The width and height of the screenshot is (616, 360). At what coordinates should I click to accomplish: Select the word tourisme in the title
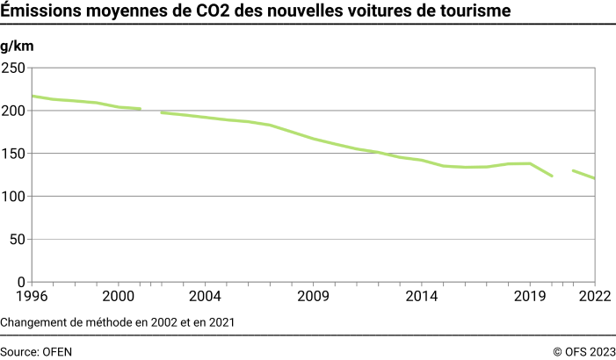coord(472,11)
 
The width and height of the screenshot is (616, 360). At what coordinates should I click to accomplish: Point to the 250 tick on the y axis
coord(14,68)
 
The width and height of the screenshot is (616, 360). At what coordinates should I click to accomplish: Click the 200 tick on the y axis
coord(14,111)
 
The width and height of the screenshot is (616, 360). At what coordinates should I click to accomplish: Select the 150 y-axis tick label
coord(14,154)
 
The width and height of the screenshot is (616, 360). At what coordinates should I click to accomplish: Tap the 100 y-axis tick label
coord(14,197)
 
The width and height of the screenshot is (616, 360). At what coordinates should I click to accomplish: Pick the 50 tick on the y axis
coord(18,240)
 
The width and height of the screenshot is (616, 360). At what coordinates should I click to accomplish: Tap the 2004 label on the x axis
coord(205,297)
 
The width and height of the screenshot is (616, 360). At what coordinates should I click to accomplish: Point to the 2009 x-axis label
coord(313,297)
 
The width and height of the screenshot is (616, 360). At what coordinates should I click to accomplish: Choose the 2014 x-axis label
coord(421,297)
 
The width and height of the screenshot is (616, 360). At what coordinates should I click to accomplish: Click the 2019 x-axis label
coord(529,297)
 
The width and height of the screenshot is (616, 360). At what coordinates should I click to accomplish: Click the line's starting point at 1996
coord(33,96)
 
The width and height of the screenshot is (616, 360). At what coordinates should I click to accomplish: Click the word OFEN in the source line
coord(58,351)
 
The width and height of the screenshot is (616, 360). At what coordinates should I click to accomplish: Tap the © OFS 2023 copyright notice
coord(583,351)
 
